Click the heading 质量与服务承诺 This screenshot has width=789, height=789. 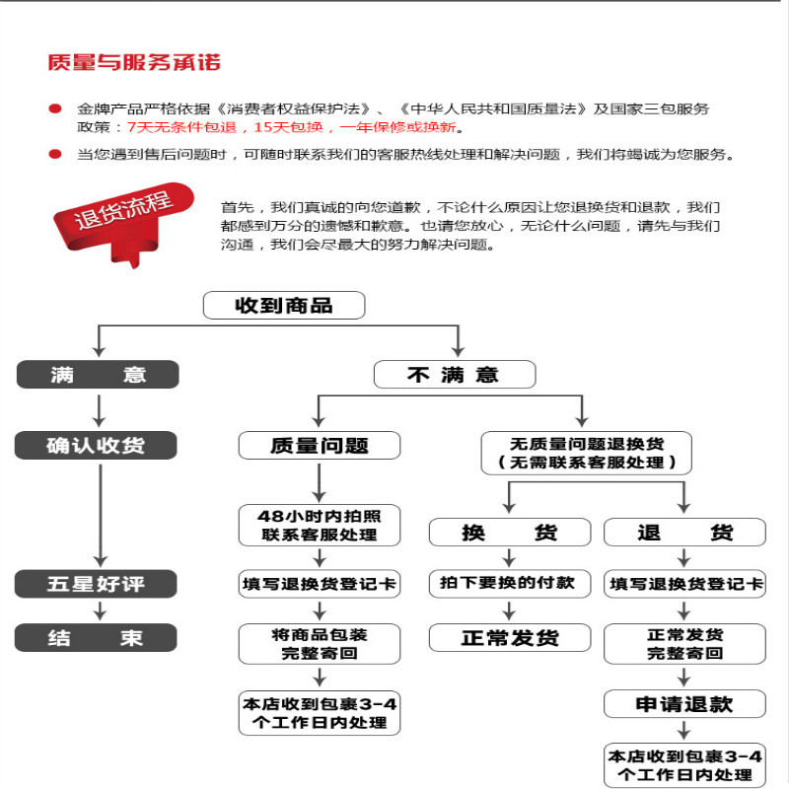click(134, 63)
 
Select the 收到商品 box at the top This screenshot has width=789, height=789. click(284, 306)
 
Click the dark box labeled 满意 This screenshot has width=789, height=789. click(97, 375)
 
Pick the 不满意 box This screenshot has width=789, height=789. click(454, 375)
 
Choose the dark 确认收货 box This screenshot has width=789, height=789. click(97, 446)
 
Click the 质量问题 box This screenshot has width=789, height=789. click(320, 446)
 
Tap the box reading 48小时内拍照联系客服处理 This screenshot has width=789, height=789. click(320, 525)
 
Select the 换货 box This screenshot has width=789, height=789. click(509, 533)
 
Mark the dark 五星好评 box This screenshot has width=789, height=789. click(97, 584)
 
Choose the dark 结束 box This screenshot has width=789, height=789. click(97, 638)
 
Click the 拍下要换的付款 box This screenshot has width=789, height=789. click(509, 583)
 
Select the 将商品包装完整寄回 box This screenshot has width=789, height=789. click(320, 643)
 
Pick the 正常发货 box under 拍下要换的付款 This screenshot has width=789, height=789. click(509, 638)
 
